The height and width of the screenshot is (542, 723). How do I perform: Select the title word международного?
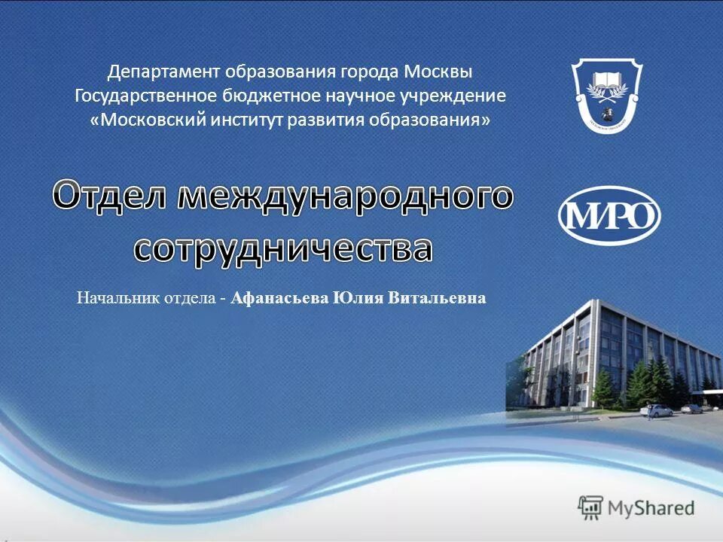click(x=346, y=196)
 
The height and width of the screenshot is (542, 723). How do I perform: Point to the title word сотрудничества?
click(x=283, y=248)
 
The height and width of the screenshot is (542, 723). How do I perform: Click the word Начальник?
click(x=110, y=299)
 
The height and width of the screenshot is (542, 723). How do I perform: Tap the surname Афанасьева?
click(x=279, y=299)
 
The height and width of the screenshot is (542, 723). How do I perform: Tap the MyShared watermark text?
click(x=651, y=508)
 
